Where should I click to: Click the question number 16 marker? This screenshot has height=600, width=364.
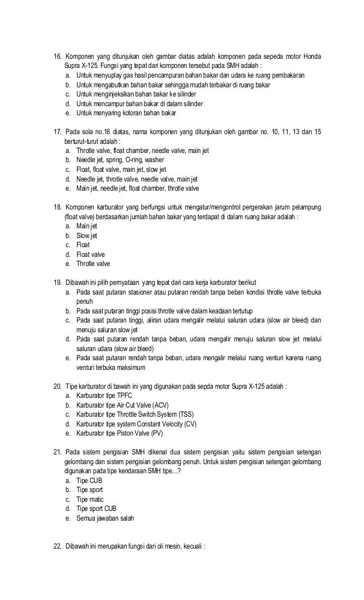tap(58, 57)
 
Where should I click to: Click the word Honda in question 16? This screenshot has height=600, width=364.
tap(312, 57)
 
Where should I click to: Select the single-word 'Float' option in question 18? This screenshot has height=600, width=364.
tap(83, 244)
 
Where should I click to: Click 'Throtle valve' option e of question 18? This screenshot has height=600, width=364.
tap(93, 263)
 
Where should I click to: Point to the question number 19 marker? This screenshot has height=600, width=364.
tap(58, 282)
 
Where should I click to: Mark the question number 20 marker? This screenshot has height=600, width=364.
tap(58, 385)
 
